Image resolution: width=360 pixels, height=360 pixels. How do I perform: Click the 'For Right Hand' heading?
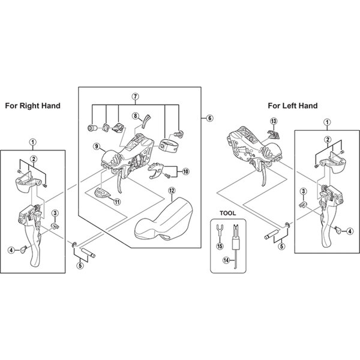point(32,106)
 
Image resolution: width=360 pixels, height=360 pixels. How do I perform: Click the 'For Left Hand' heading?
point(293,106)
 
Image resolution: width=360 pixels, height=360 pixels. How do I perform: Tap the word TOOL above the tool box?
point(228,213)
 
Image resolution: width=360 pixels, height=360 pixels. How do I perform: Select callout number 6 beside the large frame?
point(209,118)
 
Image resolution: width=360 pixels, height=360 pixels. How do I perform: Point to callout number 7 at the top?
point(136,97)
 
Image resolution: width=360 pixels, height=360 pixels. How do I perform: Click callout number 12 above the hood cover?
point(172,191)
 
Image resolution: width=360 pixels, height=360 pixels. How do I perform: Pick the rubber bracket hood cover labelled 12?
point(163,219)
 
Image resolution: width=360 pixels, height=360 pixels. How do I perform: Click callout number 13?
point(274,121)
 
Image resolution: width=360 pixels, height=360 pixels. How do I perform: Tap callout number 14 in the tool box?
point(226,260)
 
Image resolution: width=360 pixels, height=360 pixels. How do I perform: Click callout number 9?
point(97,146)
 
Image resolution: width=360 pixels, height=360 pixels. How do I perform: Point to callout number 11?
point(118,202)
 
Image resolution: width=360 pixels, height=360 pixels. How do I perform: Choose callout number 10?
point(186,171)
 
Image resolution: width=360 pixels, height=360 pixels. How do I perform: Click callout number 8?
point(136,116)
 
